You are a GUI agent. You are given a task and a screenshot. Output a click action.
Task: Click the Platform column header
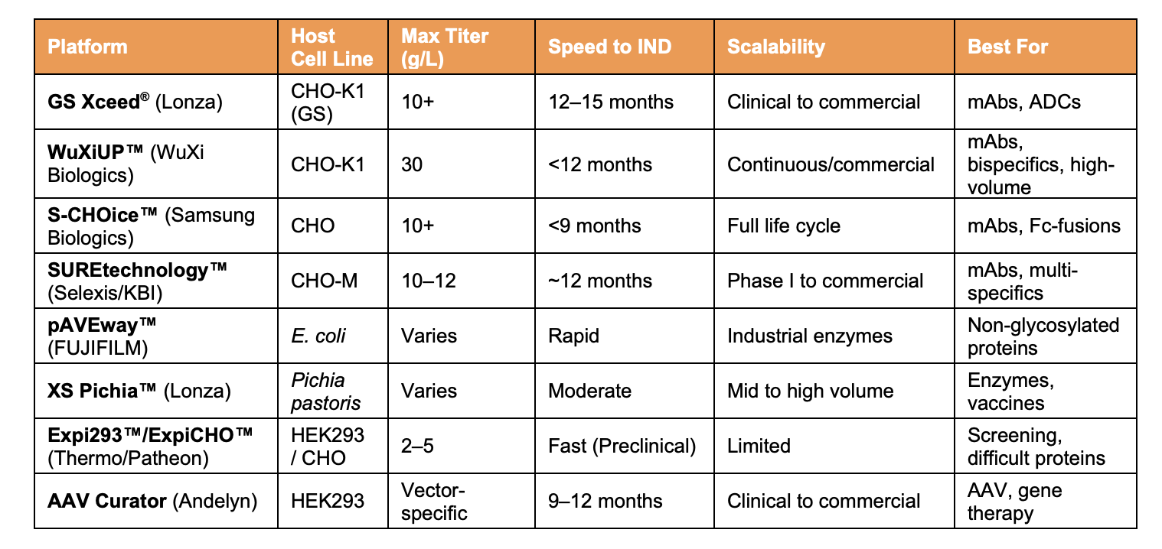click(87, 47)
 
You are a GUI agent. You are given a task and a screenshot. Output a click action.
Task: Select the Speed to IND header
click(609, 47)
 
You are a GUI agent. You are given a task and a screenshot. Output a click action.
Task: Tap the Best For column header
click(1007, 47)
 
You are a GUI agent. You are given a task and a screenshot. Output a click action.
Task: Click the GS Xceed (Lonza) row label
click(135, 102)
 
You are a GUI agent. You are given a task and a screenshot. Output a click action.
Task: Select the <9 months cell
click(595, 226)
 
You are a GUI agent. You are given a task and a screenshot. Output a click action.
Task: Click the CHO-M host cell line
click(324, 281)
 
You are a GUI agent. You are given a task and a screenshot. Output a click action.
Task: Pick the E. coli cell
click(318, 336)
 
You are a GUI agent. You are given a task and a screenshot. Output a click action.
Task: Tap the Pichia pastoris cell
click(318, 391)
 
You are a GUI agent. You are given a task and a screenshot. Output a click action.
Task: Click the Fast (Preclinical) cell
click(622, 446)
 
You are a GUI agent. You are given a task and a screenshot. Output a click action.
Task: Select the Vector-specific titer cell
click(434, 501)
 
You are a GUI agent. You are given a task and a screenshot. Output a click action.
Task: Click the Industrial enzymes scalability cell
click(810, 336)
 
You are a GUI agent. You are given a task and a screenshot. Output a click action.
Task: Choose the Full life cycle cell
click(783, 226)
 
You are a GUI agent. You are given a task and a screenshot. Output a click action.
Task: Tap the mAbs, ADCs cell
click(1024, 102)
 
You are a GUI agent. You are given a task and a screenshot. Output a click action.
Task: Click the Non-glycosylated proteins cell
click(1043, 336)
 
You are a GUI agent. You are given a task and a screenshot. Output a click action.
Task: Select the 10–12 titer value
click(428, 281)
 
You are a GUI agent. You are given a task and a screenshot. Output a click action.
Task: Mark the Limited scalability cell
click(759, 446)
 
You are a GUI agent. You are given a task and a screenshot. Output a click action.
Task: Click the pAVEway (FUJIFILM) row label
click(103, 336)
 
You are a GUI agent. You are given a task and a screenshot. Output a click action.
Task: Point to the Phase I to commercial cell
click(825, 281)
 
